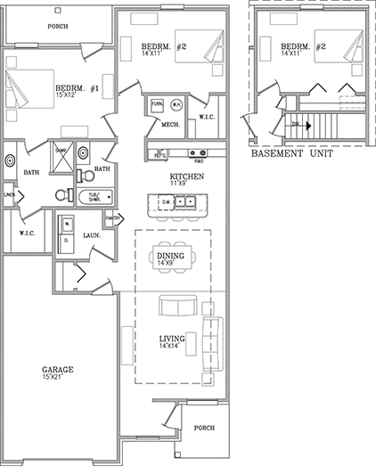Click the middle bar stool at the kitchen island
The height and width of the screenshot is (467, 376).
click(176, 218)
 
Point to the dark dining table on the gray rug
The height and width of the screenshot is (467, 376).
click(171, 258)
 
